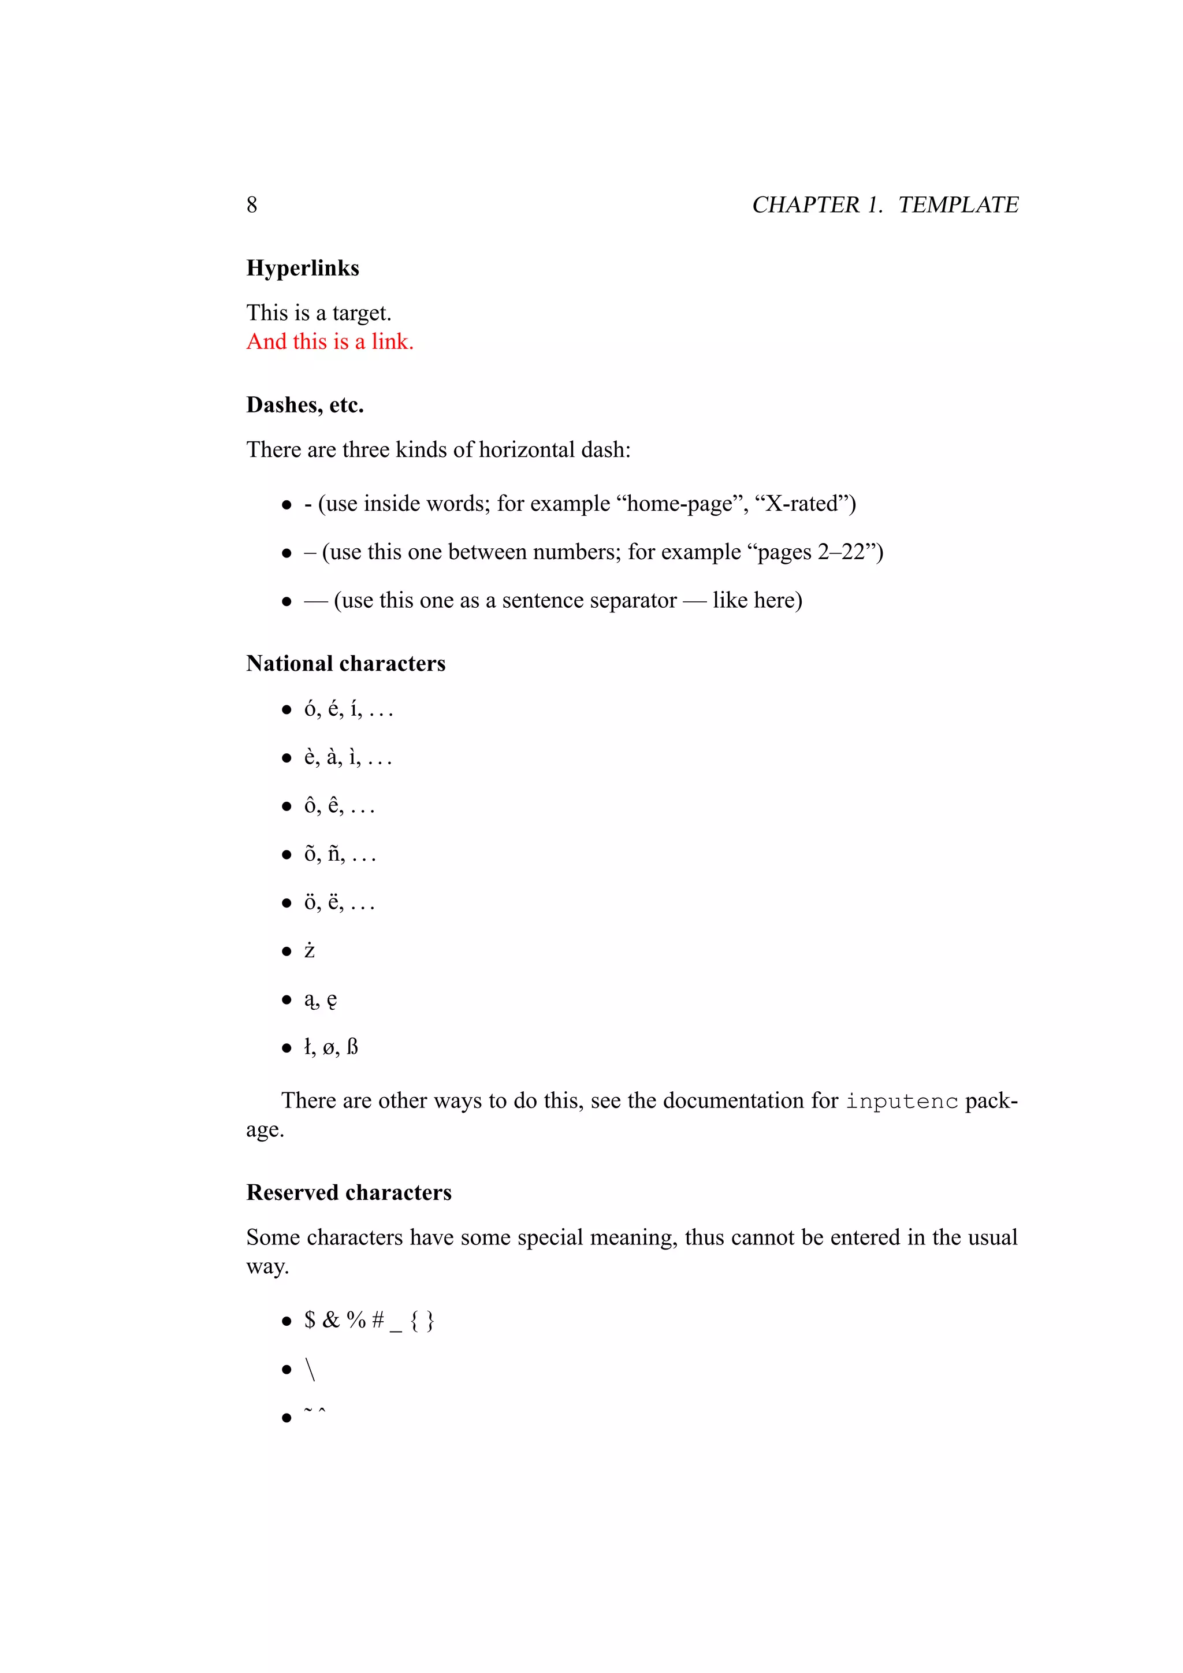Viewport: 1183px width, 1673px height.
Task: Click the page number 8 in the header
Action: [251, 205]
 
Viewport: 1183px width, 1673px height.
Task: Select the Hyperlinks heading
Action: [302, 268]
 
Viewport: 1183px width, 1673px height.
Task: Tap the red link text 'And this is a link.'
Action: [329, 342]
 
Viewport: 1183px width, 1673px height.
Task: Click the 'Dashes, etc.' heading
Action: [304, 405]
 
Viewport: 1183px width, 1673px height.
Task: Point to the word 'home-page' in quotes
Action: [679, 504]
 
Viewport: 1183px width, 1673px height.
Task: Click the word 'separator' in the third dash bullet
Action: [633, 600]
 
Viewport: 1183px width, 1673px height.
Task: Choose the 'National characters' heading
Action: [345, 664]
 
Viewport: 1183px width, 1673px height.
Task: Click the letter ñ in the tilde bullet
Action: [334, 853]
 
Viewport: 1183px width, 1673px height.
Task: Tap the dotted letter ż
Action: [310, 950]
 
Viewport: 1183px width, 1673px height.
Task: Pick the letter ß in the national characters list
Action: [352, 1047]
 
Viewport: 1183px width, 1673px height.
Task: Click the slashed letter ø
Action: [329, 1048]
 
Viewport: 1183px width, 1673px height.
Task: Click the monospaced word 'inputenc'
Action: [901, 1101]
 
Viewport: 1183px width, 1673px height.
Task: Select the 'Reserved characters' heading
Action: [348, 1193]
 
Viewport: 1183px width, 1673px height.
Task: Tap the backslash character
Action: [310, 1369]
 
